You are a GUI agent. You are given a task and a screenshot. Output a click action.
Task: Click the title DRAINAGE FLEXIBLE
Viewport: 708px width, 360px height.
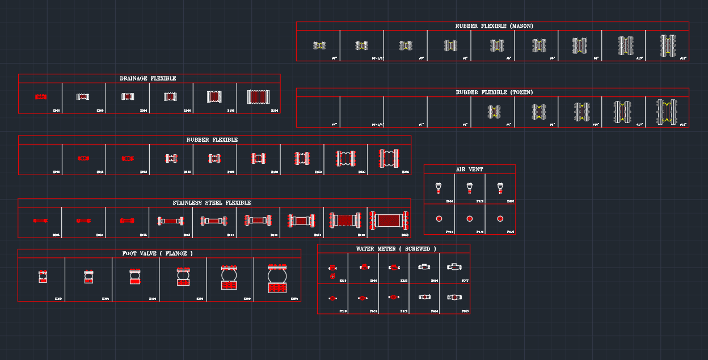[148, 79]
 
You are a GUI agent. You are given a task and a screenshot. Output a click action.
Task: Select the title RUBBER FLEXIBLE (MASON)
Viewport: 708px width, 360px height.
[494, 26]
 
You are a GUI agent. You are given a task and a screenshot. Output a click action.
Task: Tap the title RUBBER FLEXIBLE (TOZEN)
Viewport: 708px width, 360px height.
[494, 92]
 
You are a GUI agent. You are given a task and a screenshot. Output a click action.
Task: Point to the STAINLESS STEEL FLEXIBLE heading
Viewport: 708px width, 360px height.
[212, 203]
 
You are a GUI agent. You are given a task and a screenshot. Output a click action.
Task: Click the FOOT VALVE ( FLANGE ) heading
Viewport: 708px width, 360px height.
[158, 253]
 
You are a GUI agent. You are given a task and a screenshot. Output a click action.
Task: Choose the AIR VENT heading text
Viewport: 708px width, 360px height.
[470, 170]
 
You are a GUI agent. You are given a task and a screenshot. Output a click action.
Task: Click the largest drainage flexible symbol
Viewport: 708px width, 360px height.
[258, 97]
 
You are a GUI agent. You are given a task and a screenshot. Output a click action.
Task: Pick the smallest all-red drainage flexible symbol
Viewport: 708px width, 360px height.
[40, 97]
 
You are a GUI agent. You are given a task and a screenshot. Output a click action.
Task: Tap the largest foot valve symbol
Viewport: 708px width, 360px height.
[277, 278]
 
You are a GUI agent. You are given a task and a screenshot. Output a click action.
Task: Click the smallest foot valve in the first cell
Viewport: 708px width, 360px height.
[43, 276]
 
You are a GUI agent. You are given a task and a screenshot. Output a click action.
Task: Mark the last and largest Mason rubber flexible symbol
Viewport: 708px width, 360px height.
[667, 46]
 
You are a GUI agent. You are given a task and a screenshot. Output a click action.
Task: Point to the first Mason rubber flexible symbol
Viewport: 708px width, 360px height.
[319, 45]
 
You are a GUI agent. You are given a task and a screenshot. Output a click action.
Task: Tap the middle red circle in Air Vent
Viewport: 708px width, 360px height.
[469, 219]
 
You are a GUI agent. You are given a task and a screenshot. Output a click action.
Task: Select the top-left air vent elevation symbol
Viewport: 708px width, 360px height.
[439, 187]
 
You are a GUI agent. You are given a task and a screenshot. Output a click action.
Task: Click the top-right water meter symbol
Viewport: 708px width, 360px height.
[454, 266]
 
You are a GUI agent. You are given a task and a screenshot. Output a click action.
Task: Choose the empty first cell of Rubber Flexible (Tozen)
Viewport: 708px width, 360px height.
[318, 112]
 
